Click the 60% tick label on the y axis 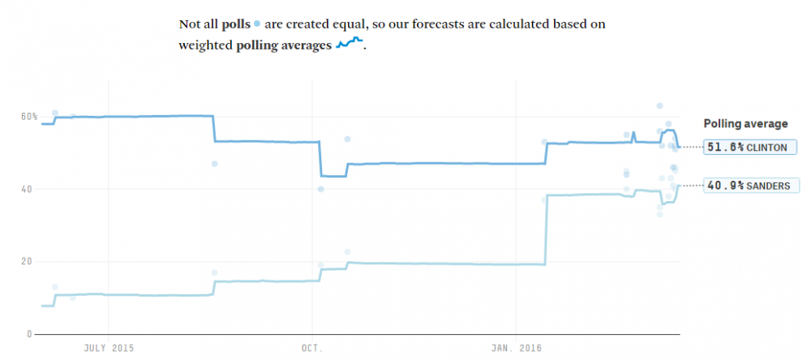pos(29,117)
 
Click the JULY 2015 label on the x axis pos(108,348)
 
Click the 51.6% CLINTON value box pos(740,147)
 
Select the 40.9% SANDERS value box pos(740,186)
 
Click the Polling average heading pos(744,124)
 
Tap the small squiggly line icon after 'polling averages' pos(350,44)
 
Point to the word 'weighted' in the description pos(205,46)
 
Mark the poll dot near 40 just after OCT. pos(321,189)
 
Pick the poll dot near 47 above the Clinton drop pos(215,164)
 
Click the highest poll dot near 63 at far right pos(660,106)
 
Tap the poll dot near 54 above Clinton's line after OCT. pos(347,139)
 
